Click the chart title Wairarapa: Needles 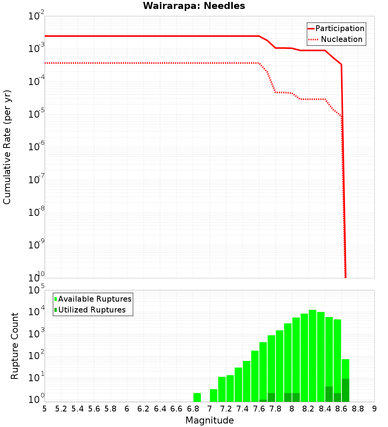(194, 6)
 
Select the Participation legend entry (336, 28)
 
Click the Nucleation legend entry (336, 39)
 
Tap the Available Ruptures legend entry (93, 299)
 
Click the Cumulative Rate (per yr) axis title (7, 147)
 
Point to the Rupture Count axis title (15, 346)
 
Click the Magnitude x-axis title (210, 420)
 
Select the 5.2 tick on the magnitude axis (61, 409)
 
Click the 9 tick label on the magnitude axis (374, 409)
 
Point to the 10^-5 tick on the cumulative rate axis (36, 114)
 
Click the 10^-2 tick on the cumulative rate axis (36, 16)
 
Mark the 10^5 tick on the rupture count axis (36, 290)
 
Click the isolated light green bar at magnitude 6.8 (197, 397)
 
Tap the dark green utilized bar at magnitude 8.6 (345, 390)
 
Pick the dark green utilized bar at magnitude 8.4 (329, 394)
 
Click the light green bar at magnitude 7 (213, 395)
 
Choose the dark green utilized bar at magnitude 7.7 (271, 397)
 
